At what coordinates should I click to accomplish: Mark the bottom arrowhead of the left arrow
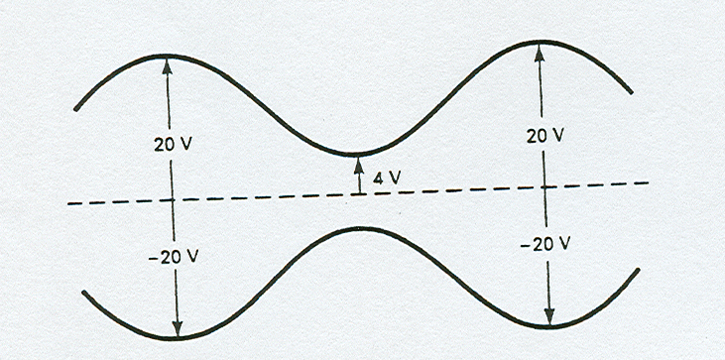[x=177, y=332]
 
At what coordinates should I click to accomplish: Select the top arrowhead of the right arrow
[x=540, y=47]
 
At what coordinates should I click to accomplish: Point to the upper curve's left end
[x=75, y=108]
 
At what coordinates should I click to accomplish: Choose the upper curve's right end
[x=632, y=94]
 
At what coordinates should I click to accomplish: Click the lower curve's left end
[x=84, y=293]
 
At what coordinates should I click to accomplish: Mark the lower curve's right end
[x=635, y=270]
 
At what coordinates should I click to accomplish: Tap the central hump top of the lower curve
[x=360, y=229]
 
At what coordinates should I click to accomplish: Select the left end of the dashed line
[x=67, y=203]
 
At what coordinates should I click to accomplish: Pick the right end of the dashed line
[x=649, y=182]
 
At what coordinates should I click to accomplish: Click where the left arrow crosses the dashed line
[x=172, y=199]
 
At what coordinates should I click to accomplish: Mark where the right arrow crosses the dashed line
[x=544, y=186]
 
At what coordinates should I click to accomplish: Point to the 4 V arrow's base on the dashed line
[x=359, y=193]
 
